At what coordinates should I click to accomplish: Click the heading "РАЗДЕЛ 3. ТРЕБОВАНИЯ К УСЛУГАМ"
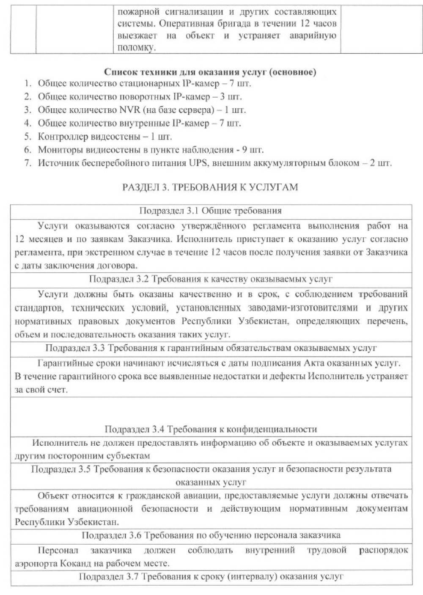point(210,187)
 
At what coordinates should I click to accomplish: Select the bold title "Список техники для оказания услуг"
point(210,72)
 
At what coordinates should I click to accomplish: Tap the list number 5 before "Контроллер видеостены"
point(27,137)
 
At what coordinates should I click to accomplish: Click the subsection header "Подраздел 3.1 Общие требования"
point(211,211)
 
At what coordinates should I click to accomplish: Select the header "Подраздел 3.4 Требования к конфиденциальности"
point(211,429)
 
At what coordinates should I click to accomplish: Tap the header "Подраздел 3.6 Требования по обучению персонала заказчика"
point(211,535)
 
